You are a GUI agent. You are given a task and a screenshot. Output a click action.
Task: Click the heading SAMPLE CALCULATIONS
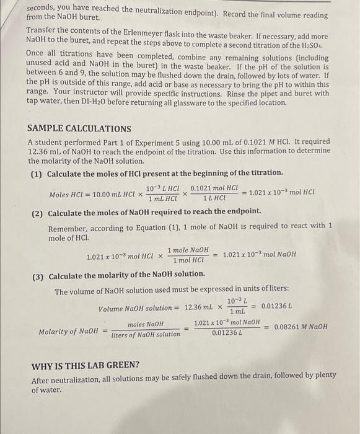pyautogui.click(x=79, y=129)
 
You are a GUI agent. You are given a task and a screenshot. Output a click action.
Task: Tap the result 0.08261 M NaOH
pyautogui.click(x=301, y=327)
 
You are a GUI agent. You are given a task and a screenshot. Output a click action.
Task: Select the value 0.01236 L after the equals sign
pyautogui.click(x=277, y=306)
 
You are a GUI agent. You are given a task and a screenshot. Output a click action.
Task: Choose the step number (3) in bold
pyautogui.click(x=38, y=275)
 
